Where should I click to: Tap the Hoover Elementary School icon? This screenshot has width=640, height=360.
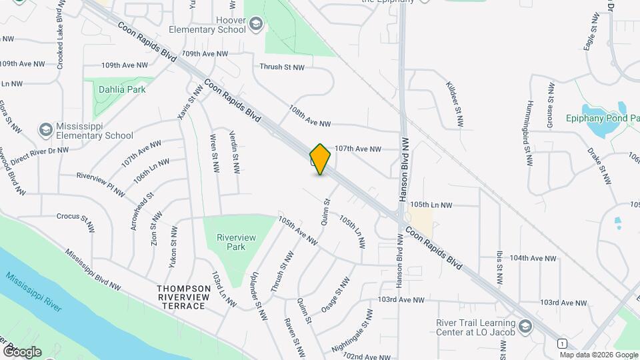point(256,25)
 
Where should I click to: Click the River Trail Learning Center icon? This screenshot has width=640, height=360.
point(525,326)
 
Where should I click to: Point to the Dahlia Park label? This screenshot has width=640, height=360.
point(121,88)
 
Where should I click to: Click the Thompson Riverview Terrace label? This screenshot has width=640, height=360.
point(181,297)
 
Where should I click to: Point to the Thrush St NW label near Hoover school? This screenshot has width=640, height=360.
point(281,67)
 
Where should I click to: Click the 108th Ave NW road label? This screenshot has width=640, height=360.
point(309,115)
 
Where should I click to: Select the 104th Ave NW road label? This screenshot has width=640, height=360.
point(533,258)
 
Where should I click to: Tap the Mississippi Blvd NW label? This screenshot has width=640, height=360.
point(93,270)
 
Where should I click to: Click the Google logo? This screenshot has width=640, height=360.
point(21,351)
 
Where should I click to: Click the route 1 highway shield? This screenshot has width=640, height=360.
point(564,343)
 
